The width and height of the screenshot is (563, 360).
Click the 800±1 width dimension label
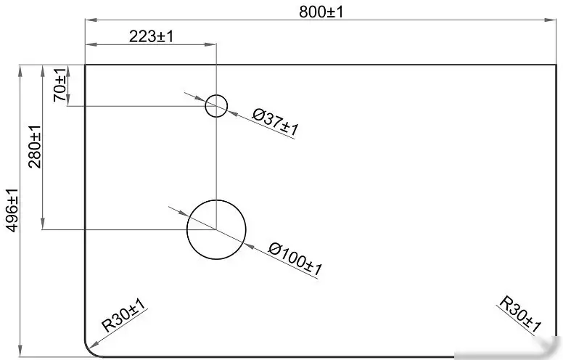pyautogui.click(x=321, y=12)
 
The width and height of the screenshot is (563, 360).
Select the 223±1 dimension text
pyautogui.click(x=151, y=36)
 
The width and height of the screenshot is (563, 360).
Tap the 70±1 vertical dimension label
pyautogui.click(x=60, y=85)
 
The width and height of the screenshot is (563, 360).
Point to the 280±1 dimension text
pyautogui.click(x=35, y=147)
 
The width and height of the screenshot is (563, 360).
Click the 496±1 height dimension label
pyautogui.click(x=12, y=210)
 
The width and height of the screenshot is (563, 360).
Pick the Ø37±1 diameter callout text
pyautogui.click(x=275, y=123)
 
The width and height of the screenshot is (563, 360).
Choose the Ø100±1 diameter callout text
pyautogui.click(x=295, y=259)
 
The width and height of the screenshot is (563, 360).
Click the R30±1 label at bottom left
pyautogui.click(x=123, y=315)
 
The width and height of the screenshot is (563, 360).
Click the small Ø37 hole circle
pyautogui.click(x=206, y=106)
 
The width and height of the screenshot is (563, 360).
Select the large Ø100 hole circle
pyautogui.click(x=187, y=229)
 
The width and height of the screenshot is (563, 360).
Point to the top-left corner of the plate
pyautogui.click(x=85, y=65)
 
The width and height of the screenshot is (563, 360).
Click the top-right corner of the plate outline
pyautogui.click(x=556, y=65)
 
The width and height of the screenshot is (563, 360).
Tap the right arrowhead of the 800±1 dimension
pyautogui.click(x=551, y=20)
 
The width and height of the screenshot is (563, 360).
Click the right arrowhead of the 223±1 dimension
pyautogui.click(x=210, y=44)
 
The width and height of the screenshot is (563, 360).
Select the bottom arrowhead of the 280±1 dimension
pyautogui.click(x=43, y=223)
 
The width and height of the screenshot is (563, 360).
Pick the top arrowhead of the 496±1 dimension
pyautogui.click(x=20, y=71)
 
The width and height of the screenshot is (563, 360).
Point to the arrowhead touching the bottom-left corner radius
pyautogui.click(x=94, y=345)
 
